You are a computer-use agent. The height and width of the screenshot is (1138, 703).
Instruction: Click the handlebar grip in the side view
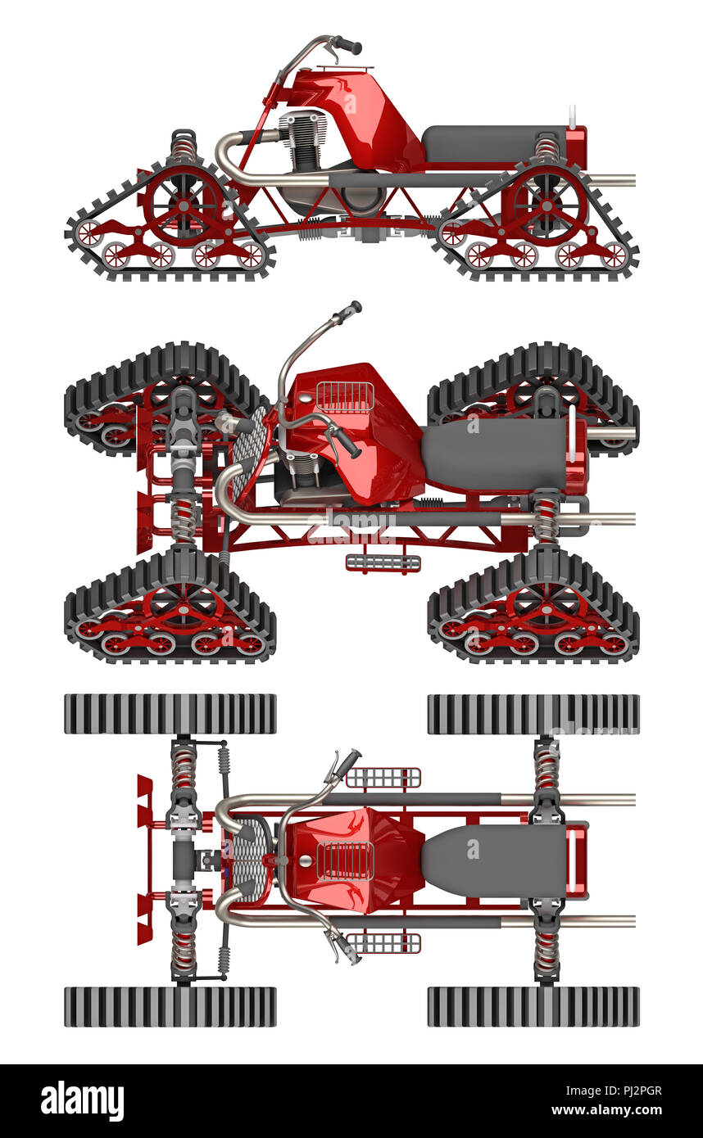pyautogui.click(x=349, y=46)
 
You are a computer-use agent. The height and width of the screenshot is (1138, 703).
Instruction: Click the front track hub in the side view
pyautogui.click(x=183, y=205)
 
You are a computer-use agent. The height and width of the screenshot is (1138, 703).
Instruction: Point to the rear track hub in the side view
pyautogui.click(x=547, y=205)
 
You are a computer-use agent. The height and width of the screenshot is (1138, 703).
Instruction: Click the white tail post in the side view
pyautogui.click(x=573, y=117)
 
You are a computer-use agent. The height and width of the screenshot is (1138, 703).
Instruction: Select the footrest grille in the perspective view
pyautogui.click(x=383, y=562)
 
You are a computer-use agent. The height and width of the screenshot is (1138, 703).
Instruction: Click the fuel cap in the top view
pyautogui.click(x=306, y=860)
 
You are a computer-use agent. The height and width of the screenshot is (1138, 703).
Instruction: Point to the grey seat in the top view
pyautogui.click(x=494, y=860)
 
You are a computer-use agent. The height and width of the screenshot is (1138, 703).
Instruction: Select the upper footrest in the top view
pyautogui.click(x=383, y=778)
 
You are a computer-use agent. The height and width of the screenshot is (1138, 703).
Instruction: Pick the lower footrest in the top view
pyautogui.click(x=383, y=943)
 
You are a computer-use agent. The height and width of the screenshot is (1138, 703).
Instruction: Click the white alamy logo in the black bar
pyautogui.click(x=83, y=1099)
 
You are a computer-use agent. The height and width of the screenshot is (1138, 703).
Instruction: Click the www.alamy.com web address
pyautogui.click(x=606, y=1110)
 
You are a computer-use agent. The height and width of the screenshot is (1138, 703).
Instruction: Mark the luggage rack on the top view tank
pyautogui.click(x=345, y=860)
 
